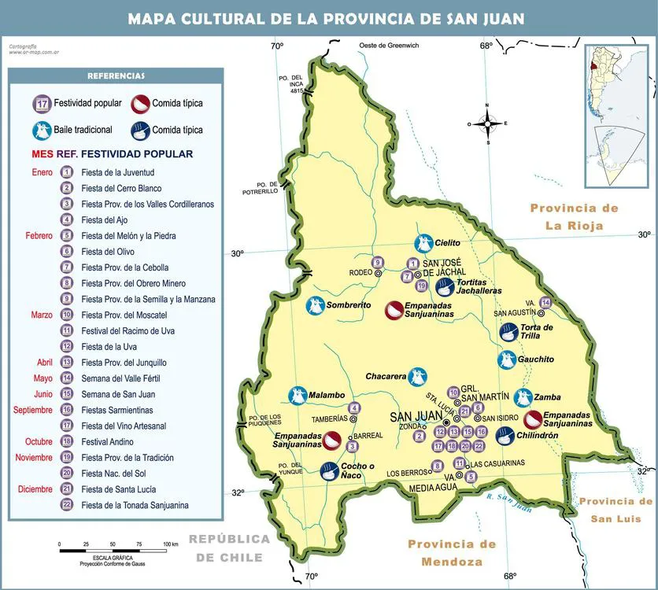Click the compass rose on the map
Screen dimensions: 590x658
pos(487,123)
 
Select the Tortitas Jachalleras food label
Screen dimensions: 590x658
pos(479,286)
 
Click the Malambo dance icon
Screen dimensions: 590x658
pos(298,395)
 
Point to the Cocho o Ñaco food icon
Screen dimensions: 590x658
pos(331,471)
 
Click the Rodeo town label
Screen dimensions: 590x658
pos(360,273)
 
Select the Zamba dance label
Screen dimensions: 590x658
pos(547,397)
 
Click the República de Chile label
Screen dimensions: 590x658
pos(228,548)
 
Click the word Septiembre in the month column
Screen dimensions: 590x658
pos(32,410)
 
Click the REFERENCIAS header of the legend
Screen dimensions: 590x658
pos(116,76)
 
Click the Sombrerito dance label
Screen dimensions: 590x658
pos(349,304)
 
